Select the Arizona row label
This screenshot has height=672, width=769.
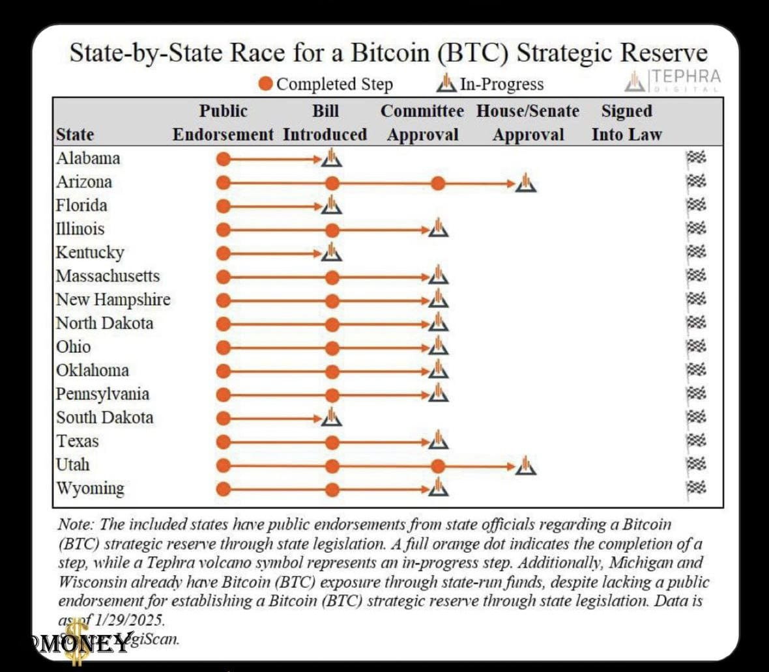[84, 182]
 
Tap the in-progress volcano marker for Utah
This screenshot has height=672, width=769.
[526, 466]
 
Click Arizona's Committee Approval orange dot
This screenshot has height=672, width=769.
[438, 184]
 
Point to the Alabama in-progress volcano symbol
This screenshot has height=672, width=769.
[332, 158]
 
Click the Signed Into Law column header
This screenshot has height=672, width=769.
[626, 122]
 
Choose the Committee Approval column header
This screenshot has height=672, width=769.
[422, 122]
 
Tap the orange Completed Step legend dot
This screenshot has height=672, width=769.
[266, 84]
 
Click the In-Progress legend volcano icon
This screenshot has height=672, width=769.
[446, 83]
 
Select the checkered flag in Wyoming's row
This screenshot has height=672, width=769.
[696, 488]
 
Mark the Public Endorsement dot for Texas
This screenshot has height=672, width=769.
[224, 443]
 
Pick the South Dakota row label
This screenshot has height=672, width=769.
[105, 417]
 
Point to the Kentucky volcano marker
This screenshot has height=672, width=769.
[332, 252]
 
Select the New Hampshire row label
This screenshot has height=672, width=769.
[113, 300]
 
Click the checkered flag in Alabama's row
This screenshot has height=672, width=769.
[696, 158]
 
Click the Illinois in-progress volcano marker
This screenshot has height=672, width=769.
[439, 229]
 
